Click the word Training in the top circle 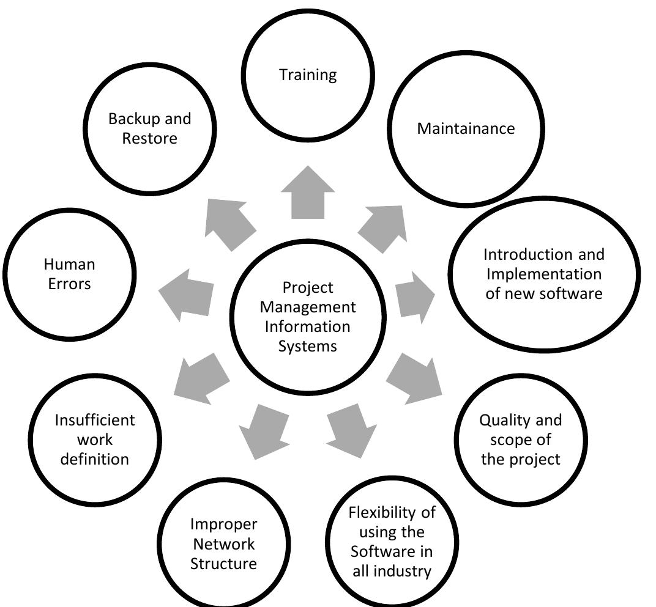[308, 75]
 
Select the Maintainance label [466, 129]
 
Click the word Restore [149, 138]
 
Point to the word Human [69, 265]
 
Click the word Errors [69, 284]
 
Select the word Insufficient [94, 421]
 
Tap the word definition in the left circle [94, 459]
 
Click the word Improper [223, 524]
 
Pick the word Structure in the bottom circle [223, 564]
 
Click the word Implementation [543, 274]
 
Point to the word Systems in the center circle [307, 346]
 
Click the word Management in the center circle [307, 307]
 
